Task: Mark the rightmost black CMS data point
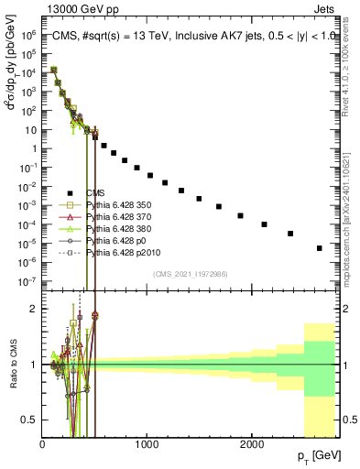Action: click(320, 247)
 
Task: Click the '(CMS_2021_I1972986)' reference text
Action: click(191, 273)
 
